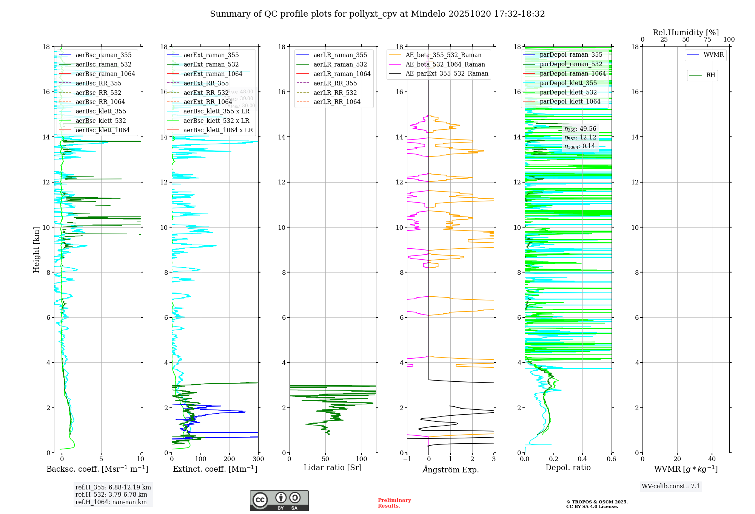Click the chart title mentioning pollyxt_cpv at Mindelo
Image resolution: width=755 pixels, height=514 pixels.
[377, 14]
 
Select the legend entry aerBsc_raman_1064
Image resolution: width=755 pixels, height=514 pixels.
[105, 74]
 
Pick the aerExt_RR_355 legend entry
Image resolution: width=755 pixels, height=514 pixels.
[206, 83]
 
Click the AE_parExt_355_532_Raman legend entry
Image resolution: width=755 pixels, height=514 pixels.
[447, 73]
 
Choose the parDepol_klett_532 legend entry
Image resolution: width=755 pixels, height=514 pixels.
[568, 92]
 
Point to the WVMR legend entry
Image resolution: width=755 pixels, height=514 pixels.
[713, 55]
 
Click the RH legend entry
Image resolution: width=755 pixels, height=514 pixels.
[710, 75]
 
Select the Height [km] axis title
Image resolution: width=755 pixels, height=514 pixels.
[36, 250]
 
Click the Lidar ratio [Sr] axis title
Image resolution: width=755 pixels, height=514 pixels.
[333, 468]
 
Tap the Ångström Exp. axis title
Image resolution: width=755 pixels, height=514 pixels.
[450, 469]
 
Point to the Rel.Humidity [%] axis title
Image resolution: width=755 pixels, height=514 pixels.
[686, 33]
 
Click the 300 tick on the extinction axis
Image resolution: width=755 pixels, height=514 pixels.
[258, 459]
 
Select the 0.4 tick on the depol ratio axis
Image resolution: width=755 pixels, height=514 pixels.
[582, 459]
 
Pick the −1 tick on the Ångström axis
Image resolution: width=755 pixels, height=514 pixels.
[407, 459]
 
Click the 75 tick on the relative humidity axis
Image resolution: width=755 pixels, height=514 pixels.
[707, 40]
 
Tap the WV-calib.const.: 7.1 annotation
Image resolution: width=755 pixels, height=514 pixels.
[671, 486]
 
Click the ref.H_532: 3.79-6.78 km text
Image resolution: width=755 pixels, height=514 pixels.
[111, 494]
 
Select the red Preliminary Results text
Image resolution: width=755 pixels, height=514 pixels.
[394, 503]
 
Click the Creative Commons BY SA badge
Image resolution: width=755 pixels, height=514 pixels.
[279, 500]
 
